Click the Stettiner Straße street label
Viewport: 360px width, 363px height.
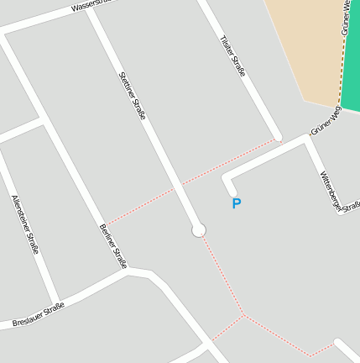(133, 97)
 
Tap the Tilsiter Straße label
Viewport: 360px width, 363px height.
(232, 56)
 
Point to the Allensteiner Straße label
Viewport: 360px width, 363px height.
(25, 224)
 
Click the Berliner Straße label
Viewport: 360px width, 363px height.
(112, 245)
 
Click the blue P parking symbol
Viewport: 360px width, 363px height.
(236, 203)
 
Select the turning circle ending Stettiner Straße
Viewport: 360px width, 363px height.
(199, 230)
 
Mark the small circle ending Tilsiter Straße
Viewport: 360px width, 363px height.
(278, 138)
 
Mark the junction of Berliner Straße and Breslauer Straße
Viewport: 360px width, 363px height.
(130, 271)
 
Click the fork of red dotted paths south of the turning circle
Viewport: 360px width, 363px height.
(243, 316)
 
